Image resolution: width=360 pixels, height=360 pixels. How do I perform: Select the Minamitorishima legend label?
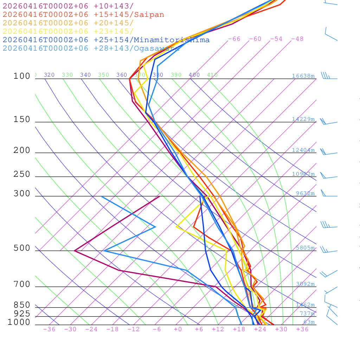click(172, 40)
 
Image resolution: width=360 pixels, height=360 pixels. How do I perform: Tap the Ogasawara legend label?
click(156, 48)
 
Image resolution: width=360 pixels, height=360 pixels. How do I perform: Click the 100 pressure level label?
click(22, 76)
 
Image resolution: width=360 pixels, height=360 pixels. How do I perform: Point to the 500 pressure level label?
click(22, 248)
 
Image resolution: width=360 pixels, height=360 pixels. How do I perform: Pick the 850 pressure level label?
click(22, 305)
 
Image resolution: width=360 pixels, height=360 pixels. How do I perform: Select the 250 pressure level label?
click(22, 174)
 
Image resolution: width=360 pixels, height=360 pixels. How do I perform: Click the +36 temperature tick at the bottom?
click(302, 329)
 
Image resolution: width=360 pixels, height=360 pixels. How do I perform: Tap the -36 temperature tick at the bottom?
click(49, 329)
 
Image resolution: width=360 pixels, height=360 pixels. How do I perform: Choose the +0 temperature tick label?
click(178, 329)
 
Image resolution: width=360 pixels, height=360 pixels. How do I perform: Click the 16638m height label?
click(303, 76)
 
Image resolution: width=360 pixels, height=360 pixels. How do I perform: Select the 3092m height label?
click(305, 284)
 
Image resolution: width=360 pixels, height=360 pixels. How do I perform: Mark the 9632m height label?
click(305, 193)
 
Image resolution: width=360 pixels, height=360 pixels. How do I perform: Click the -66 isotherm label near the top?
click(234, 39)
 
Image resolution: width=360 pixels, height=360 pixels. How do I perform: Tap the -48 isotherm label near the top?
click(297, 39)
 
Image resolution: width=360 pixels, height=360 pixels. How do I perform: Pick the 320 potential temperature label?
click(49, 75)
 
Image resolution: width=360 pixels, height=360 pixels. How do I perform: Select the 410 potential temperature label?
click(212, 75)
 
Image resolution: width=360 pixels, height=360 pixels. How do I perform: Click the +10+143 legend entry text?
click(114, 6)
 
